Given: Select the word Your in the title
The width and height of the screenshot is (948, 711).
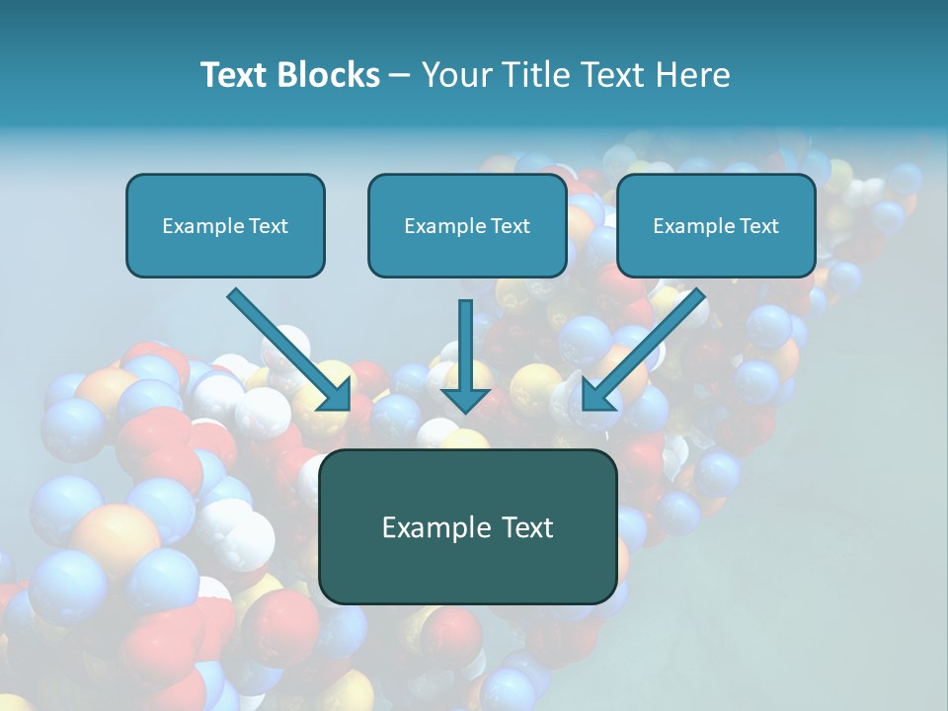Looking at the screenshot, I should point(455,75).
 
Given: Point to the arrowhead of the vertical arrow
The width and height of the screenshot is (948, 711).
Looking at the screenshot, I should point(466,399).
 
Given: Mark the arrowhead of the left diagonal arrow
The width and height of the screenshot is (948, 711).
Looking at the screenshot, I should point(338,397).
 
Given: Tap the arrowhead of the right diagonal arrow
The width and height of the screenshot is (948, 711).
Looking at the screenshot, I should point(595,397).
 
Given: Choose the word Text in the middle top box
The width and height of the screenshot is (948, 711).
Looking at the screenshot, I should point(510,226).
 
